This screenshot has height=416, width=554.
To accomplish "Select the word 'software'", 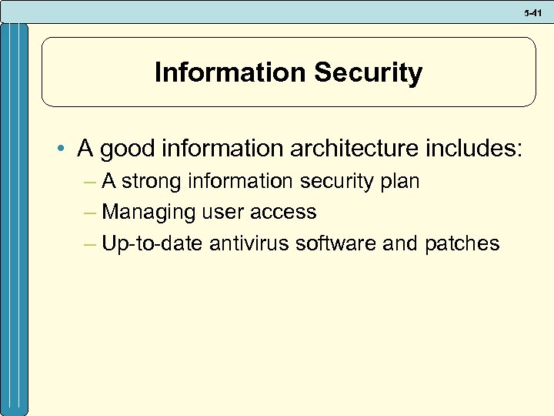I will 339,243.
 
